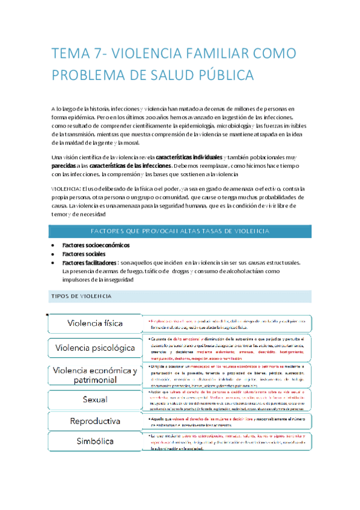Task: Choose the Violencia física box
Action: point(96,324)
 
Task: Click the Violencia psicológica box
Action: point(96,348)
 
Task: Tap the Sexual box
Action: point(96,382)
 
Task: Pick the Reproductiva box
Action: point(96,404)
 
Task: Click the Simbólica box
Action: point(96,425)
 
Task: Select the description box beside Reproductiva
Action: point(227,404)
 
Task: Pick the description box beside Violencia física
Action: point(227,324)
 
